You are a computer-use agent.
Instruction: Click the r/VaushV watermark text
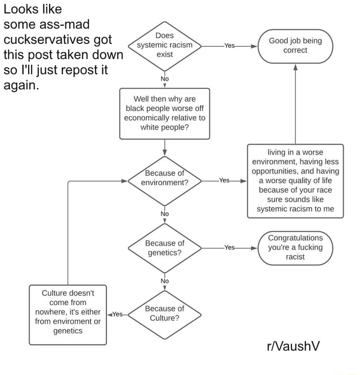[293, 346]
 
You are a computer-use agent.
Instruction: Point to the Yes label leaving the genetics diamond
[229, 248]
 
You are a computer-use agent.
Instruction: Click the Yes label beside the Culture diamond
[118, 314]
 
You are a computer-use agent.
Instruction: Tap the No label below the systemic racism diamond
[165, 79]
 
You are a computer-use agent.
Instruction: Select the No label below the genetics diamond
[165, 281]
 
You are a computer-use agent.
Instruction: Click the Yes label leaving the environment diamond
[224, 180]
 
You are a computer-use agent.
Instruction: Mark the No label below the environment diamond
[165, 214]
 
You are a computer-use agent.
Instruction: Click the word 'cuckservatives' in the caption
[57, 39]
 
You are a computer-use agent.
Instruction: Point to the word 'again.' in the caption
[21, 86]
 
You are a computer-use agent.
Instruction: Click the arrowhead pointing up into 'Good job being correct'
[295, 68]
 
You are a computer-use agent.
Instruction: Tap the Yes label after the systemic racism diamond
[229, 46]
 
